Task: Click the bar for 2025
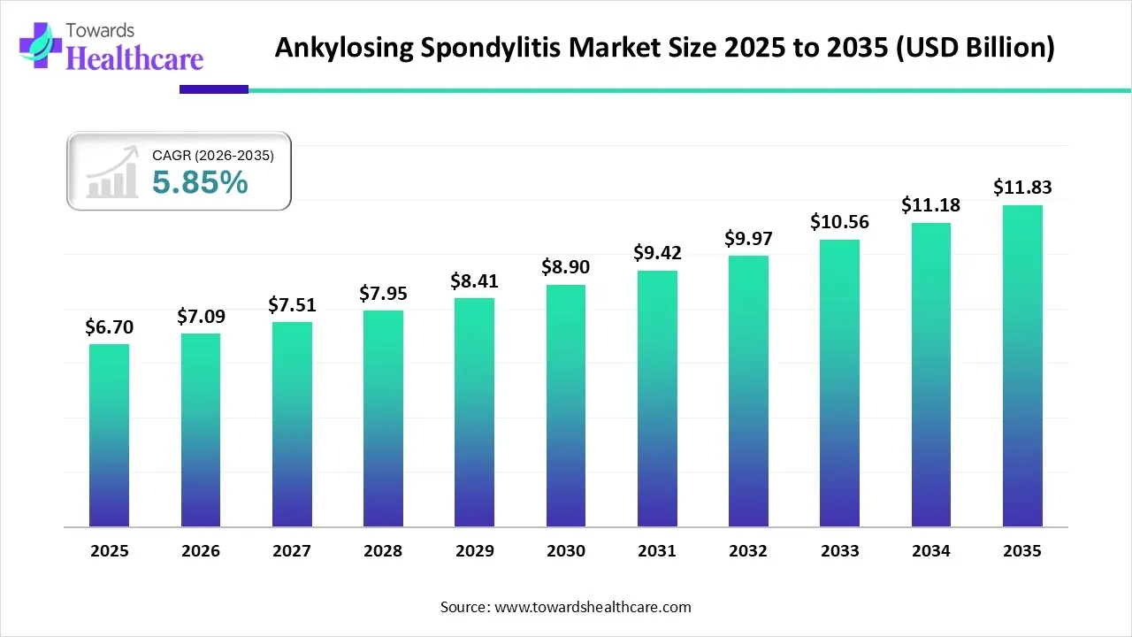pyautogui.click(x=109, y=435)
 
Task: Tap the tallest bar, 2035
pyautogui.click(x=1022, y=366)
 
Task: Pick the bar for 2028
pyautogui.click(x=383, y=418)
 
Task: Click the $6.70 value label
pyautogui.click(x=109, y=327)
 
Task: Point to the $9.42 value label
pyautogui.click(x=657, y=253)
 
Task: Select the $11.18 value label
pyautogui.click(x=931, y=205)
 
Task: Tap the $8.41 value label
pyautogui.click(x=475, y=281)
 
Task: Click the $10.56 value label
pyautogui.click(x=839, y=222)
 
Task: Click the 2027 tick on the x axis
pyautogui.click(x=292, y=551)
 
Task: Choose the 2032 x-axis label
pyautogui.click(x=748, y=551)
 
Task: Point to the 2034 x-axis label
pyautogui.click(x=931, y=551)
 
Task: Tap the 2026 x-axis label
pyautogui.click(x=201, y=551)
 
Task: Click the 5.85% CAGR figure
pyautogui.click(x=200, y=182)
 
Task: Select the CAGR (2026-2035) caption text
pyautogui.click(x=213, y=156)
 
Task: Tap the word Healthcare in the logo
pyautogui.click(x=135, y=58)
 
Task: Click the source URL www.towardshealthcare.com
pyautogui.click(x=592, y=607)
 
